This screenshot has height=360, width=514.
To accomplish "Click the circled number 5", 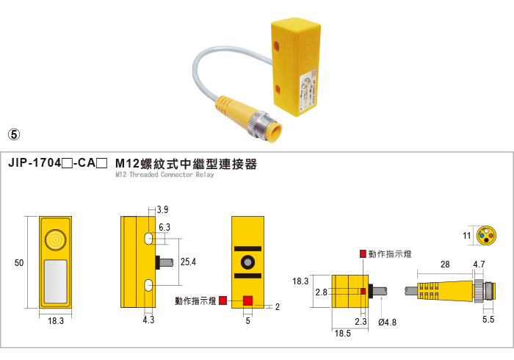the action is [14, 134].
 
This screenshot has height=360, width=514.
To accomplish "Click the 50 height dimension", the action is [19, 262].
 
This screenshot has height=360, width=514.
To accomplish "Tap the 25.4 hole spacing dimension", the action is [188, 262].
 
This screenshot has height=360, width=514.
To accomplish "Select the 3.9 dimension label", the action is [162, 209].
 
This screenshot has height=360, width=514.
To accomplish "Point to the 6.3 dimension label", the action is [164, 227].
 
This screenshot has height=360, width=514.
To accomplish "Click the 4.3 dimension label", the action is [148, 320].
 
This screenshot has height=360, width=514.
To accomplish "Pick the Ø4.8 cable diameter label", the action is [387, 323].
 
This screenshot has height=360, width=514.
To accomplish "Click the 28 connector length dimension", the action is [445, 264].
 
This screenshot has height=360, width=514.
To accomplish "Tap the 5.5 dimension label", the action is [488, 320].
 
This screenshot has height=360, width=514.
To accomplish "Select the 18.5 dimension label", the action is [343, 334].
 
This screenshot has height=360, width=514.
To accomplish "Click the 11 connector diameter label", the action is [467, 235].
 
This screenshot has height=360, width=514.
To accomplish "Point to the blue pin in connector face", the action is [482, 235].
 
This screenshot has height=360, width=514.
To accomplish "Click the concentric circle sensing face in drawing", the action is [55, 240].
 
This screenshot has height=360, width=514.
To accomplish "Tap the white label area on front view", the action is [55, 281].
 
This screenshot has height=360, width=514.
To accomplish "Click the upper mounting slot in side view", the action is [148, 238].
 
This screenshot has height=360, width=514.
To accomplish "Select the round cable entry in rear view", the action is [247, 262].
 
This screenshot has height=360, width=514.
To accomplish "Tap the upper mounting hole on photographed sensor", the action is [276, 46].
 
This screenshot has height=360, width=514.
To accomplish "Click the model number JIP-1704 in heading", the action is [35, 163].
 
